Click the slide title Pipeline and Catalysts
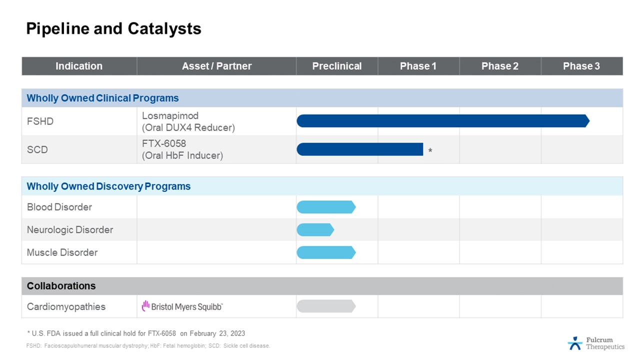(113, 28)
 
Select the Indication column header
(79, 66)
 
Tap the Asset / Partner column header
(216, 66)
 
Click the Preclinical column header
(337, 66)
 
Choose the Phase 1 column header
(418, 66)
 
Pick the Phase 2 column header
(499, 66)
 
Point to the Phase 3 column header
(581, 66)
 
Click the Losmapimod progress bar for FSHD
(442, 121)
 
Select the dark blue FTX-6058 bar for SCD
(360, 149)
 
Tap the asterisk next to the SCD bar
(430, 150)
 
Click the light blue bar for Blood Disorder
(325, 207)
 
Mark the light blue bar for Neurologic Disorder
(315, 230)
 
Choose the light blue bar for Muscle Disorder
(325, 252)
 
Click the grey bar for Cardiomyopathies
(325, 306)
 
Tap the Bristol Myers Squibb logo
(182, 306)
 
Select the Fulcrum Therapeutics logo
(596, 343)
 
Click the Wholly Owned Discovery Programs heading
(108, 186)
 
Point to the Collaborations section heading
(61, 286)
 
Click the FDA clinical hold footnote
(135, 333)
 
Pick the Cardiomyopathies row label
(66, 306)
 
